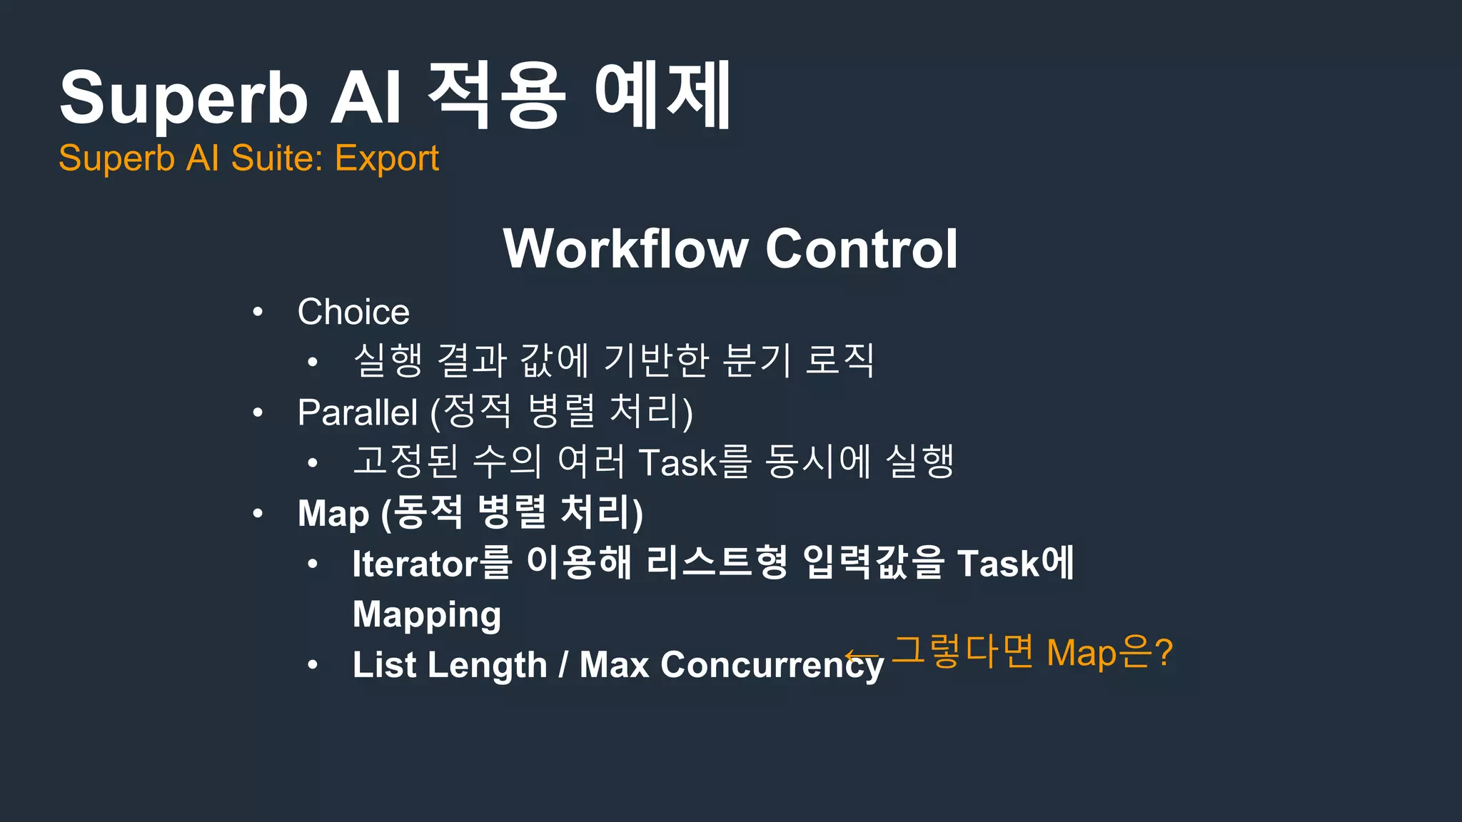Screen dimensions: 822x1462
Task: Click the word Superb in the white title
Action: tap(183, 98)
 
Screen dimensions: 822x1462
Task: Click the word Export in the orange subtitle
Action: tap(386, 158)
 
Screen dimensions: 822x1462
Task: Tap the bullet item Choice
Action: tap(353, 312)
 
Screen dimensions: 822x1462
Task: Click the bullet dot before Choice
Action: tap(258, 312)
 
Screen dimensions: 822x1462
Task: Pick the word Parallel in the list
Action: tap(357, 412)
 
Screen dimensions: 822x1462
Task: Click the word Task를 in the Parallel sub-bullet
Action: tap(695, 462)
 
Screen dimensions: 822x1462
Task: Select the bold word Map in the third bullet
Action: tap(333, 514)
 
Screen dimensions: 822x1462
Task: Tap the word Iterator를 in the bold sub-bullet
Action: tap(432, 564)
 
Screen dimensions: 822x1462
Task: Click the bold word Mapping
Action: tap(427, 615)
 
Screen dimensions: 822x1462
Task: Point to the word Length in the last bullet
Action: tap(488, 665)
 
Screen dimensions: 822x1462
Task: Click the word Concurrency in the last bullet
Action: tap(772, 665)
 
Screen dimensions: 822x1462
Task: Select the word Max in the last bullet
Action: tap(614, 665)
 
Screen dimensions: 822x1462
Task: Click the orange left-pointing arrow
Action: tap(862, 655)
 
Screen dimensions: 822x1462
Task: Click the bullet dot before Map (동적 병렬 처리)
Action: tap(258, 513)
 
